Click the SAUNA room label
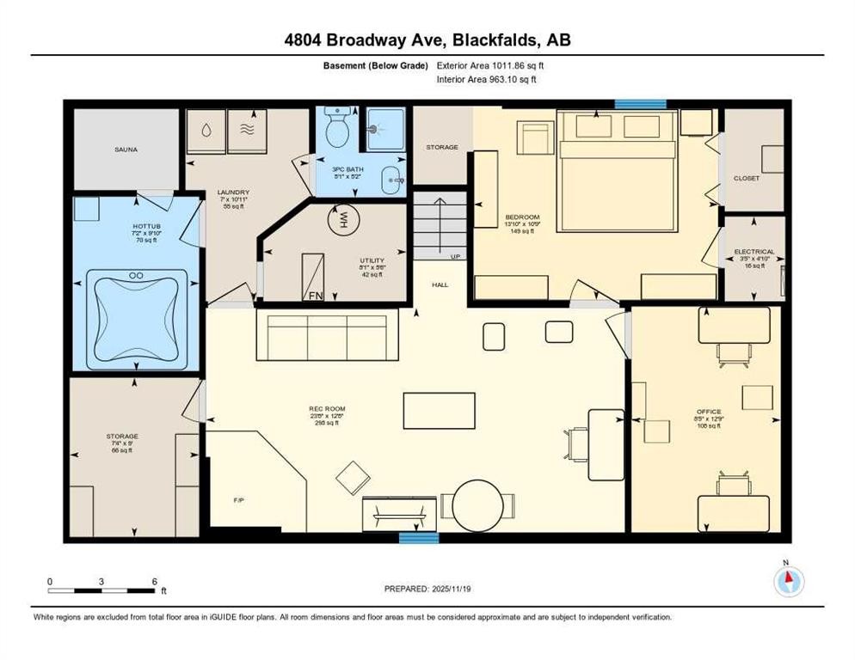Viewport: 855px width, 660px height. (126, 150)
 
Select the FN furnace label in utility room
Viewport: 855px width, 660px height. (317, 294)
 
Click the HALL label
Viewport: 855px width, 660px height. (440, 284)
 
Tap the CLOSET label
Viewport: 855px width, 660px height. (746, 178)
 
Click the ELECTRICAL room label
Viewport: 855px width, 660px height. (754, 252)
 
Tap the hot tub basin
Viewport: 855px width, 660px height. (136, 314)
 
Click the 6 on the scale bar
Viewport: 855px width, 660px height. (154, 582)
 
